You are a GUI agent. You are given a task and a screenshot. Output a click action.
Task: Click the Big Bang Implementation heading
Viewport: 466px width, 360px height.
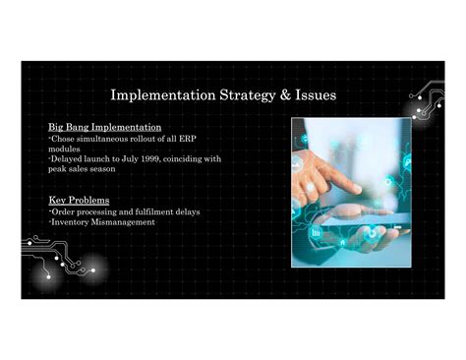point(105,128)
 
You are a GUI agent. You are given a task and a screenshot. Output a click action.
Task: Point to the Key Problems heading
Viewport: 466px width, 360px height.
point(79,200)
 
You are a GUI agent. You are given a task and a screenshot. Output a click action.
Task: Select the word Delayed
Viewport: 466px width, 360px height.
point(68,158)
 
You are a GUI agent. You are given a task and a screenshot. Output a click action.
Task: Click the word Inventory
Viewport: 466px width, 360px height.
point(72,221)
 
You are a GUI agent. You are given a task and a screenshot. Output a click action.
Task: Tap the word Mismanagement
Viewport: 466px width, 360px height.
point(125,221)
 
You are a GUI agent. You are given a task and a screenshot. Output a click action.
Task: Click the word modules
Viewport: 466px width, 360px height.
point(65,149)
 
